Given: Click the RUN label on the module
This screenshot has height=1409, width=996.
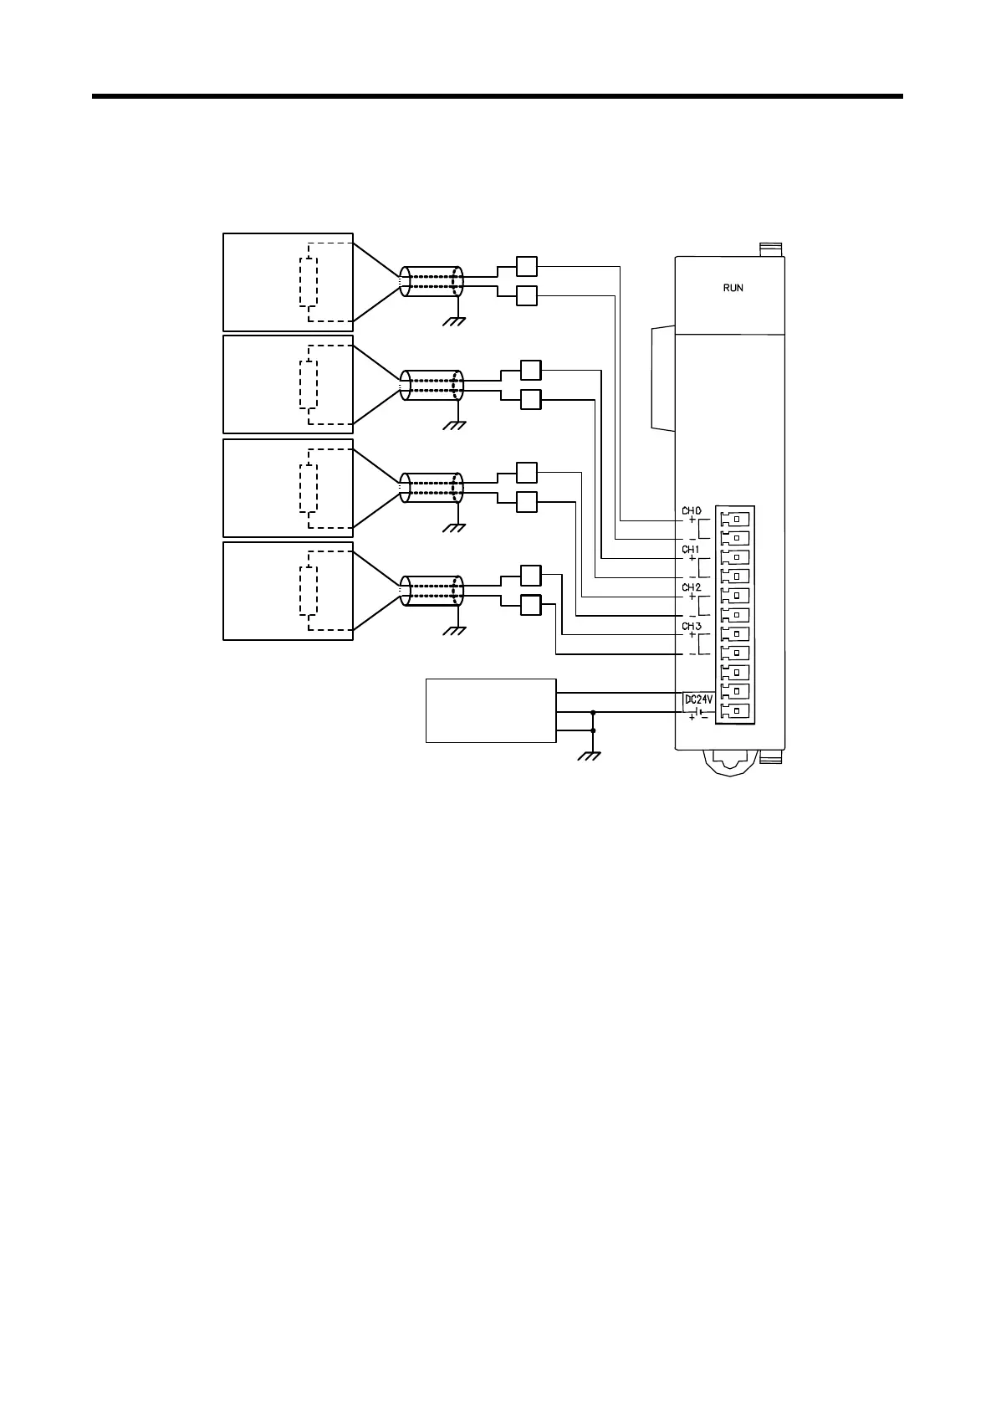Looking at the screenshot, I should [x=733, y=288].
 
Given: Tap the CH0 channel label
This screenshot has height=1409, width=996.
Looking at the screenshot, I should [x=691, y=510].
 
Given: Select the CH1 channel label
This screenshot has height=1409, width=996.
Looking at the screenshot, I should [x=691, y=549].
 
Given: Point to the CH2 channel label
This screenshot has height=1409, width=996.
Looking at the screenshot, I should [x=691, y=587].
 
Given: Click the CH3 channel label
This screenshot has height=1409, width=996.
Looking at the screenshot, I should [x=691, y=626].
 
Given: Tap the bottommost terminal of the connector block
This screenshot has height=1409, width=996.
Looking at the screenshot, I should [x=735, y=711].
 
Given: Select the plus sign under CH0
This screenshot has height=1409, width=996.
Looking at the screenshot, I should [x=692, y=520].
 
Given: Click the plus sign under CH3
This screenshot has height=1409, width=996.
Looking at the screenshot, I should [x=692, y=635].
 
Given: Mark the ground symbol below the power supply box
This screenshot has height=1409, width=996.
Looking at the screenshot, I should [x=591, y=756].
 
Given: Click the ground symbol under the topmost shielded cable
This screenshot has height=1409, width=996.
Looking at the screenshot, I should [x=455, y=321].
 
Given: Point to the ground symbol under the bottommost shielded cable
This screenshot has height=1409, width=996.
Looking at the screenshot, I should [x=455, y=630].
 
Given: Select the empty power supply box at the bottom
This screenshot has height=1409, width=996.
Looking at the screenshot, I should [x=491, y=710].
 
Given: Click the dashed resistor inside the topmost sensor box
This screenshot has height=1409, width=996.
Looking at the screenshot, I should [x=309, y=282].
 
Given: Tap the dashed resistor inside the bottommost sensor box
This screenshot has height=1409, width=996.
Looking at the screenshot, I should [x=309, y=591].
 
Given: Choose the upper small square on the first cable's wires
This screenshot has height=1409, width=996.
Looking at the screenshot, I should [x=527, y=266].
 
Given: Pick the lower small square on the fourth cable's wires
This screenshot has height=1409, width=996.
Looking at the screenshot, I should [x=531, y=605].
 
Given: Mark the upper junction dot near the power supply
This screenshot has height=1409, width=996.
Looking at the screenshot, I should [x=593, y=712].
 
